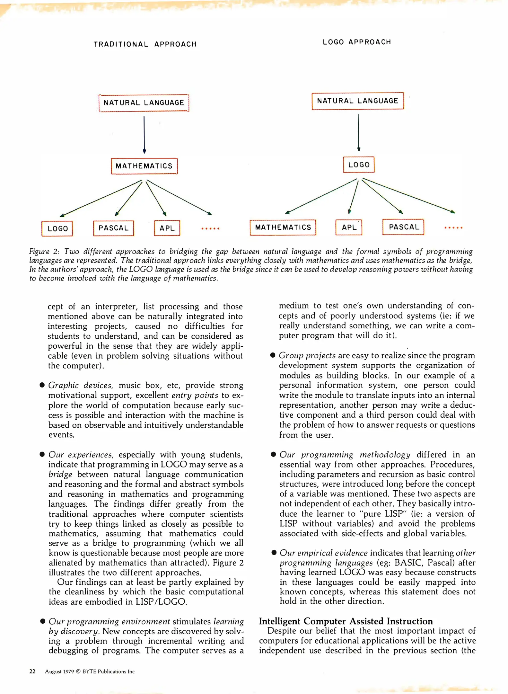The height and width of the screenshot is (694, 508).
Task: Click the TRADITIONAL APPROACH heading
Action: coord(145,44)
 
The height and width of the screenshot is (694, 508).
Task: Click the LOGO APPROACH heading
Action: coord(357,42)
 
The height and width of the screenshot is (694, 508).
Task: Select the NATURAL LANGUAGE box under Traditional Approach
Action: coord(144,103)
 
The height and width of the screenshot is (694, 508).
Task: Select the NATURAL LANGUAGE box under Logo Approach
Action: coord(357,101)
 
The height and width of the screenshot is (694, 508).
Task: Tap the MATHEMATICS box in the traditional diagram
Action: coord(144,166)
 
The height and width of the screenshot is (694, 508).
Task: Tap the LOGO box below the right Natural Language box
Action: coord(359,165)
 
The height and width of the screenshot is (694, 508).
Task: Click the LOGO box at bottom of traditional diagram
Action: coord(57,228)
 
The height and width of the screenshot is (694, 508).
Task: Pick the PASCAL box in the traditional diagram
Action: coord(113,228)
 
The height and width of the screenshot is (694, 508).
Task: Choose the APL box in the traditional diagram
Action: coord(167,228)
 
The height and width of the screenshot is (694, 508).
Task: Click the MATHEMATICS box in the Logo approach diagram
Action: coord(283,227)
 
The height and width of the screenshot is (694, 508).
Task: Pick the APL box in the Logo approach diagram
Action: coord(349,227)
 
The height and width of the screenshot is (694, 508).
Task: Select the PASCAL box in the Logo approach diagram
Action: coord(403,227)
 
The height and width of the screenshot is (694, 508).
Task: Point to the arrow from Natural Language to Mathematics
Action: coord(144,134)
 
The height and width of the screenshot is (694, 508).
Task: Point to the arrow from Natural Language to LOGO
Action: coord(358,132)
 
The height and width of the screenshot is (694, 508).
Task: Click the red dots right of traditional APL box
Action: coord(210,228)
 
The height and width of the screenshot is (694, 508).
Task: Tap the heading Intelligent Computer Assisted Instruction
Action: coord(346,621)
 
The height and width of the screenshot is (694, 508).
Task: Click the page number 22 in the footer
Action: coord(32,671)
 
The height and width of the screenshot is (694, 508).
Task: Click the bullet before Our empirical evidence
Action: coord(274,553)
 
